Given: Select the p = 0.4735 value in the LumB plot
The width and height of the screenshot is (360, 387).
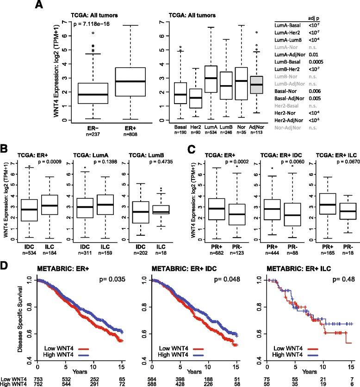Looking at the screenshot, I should pos(160,163).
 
